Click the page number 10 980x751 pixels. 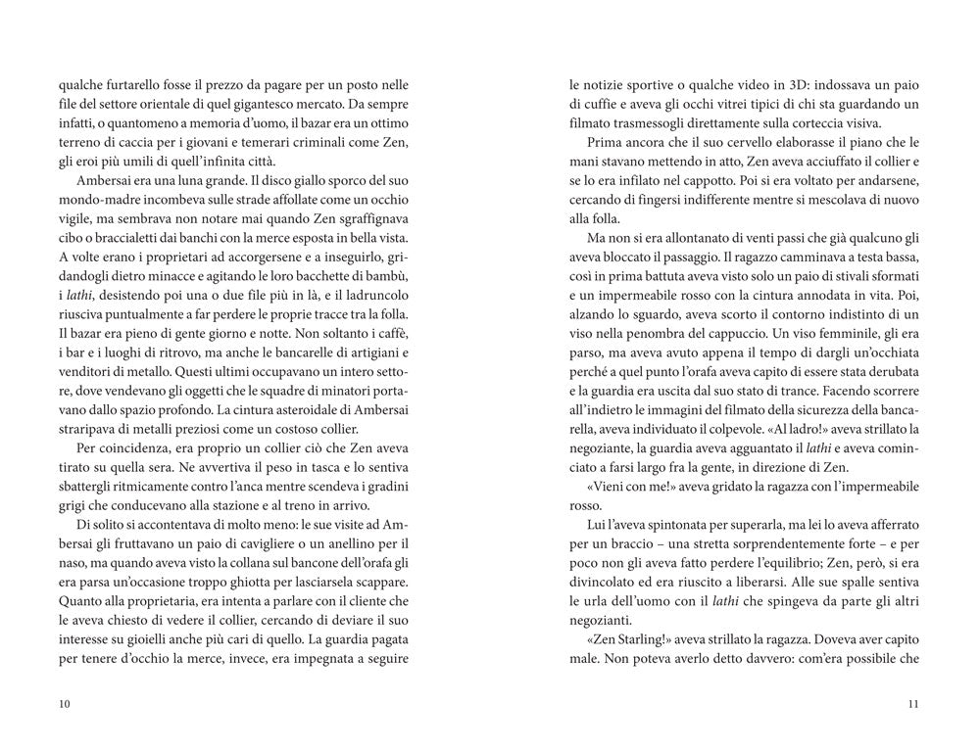pos(65,703)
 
